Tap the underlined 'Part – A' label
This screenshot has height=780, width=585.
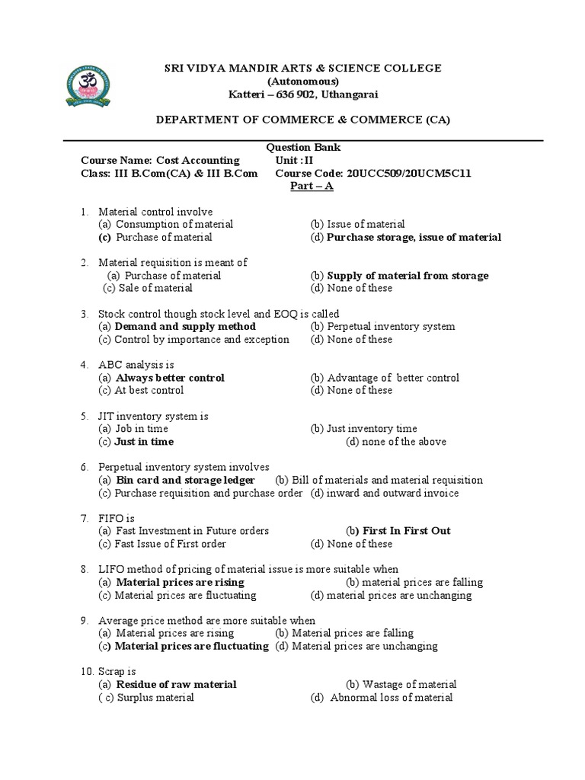coord(312,187)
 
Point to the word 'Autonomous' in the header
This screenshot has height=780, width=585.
coord(303,82)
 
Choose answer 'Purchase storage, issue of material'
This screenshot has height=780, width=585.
coord(414,238)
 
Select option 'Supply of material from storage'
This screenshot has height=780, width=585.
coord(408,276)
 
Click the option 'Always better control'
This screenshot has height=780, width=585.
coord(170,378)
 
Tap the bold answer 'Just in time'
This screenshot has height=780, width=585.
coord(144,442)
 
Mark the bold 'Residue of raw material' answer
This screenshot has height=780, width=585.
coord(175,685)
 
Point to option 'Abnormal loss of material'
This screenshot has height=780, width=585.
coord(391,698)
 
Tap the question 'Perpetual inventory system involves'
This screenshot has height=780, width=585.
coord(184,467)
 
